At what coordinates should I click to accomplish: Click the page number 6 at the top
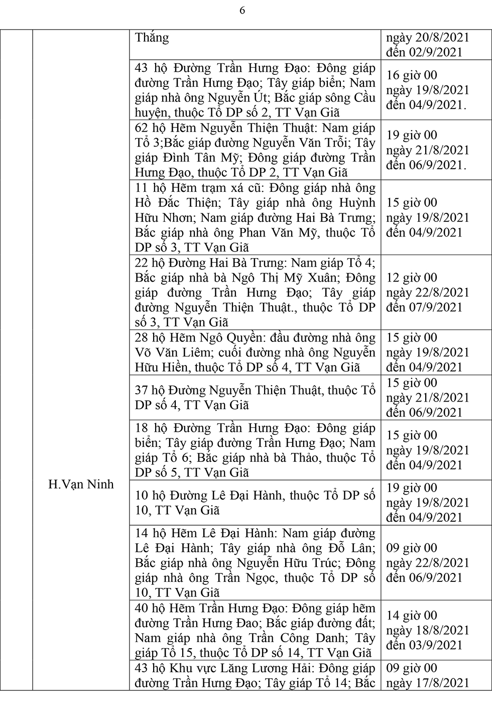pyautogui.click(x=242, y=11)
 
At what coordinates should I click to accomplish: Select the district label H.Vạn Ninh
pyautogui.click(x=81, y=485)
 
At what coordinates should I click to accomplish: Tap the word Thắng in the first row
pyautogui.click(x=152, y=38)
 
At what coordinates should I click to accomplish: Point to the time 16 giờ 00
pyautogui.click(x=412, y=75)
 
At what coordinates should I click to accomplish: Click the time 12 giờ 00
pyautogui.click(x=412, y=278)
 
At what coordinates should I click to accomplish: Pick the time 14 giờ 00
pyautogui.click(x=412, y=616)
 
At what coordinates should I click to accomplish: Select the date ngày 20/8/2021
pyautogui.click(x=428, y=38)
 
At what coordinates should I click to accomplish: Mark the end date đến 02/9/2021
pyautogui.click(x=424, y=53)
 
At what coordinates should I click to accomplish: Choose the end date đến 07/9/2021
pyautogui.click(x=424, y=307)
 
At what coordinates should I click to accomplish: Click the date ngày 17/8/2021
pyautogui.click(x=428, y=683)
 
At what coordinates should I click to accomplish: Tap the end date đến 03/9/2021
pyautogui.click(x=424, y=645)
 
